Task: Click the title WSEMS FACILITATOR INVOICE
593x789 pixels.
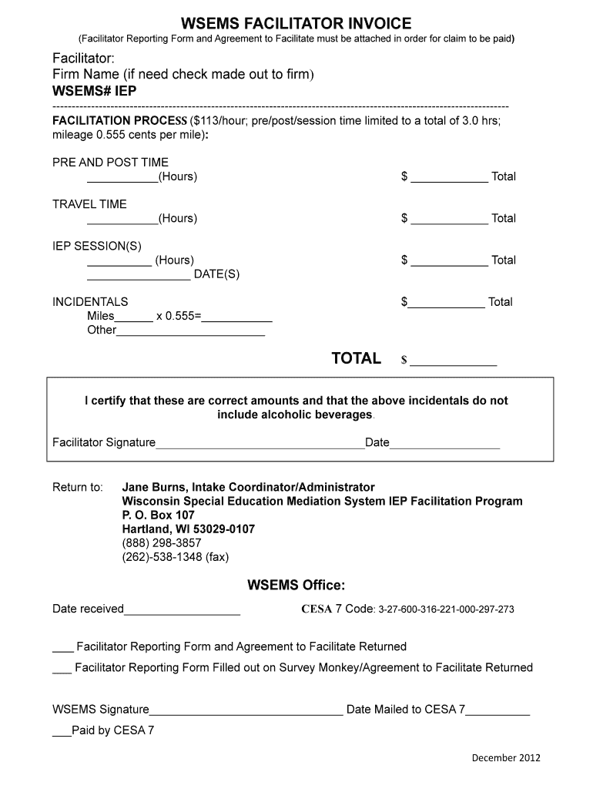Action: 296,24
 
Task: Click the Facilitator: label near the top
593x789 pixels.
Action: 84,59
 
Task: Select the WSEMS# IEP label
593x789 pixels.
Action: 94,91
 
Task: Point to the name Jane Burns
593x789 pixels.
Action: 153,487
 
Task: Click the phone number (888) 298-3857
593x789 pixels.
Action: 162,542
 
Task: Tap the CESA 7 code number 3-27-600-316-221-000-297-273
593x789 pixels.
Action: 446,609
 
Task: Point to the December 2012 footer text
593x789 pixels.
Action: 506,757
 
